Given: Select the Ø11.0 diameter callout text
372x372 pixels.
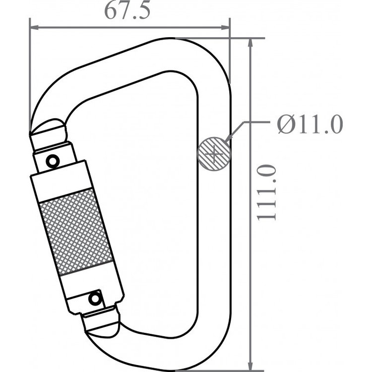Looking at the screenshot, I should point(310,124).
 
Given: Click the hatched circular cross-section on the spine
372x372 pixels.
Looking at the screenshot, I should point(214,154).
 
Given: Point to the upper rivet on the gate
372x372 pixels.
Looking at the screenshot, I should point(52,161).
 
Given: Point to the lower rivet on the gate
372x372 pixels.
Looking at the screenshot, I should point(94,299).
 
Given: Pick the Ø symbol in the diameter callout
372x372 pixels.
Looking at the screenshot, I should point(286,124).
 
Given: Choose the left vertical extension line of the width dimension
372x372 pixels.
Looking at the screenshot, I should point(30,74).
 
